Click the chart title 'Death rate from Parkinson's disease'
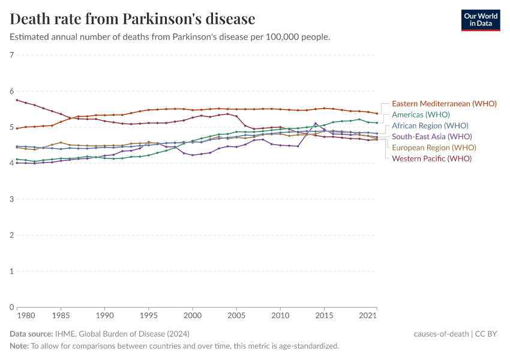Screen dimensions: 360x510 (x=133, y=19)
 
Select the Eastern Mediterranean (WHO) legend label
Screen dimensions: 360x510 (x=444, y=103)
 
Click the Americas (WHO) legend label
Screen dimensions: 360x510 (x=421, y=115)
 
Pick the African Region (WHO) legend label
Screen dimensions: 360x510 (x=430, y=126)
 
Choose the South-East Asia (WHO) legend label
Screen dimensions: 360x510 (x=431, y=137)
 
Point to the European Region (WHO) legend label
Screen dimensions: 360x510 (x=434, y=148)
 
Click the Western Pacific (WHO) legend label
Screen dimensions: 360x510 (x=431, y=158)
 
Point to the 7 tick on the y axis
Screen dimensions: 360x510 (x=12, y=55)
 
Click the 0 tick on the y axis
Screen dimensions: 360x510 (x=12, y=307)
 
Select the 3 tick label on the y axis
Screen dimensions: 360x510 (x=12, y=199)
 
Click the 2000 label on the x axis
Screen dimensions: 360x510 (x=192, y=315)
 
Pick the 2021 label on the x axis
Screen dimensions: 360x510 (x=368, y=315)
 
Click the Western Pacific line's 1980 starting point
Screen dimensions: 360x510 (x=17, y=100)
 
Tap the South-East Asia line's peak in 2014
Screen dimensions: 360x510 (x=316, y=124)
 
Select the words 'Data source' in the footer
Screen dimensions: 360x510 (x=31, y=334)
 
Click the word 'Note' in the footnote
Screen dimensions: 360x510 (x=19, y=346)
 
